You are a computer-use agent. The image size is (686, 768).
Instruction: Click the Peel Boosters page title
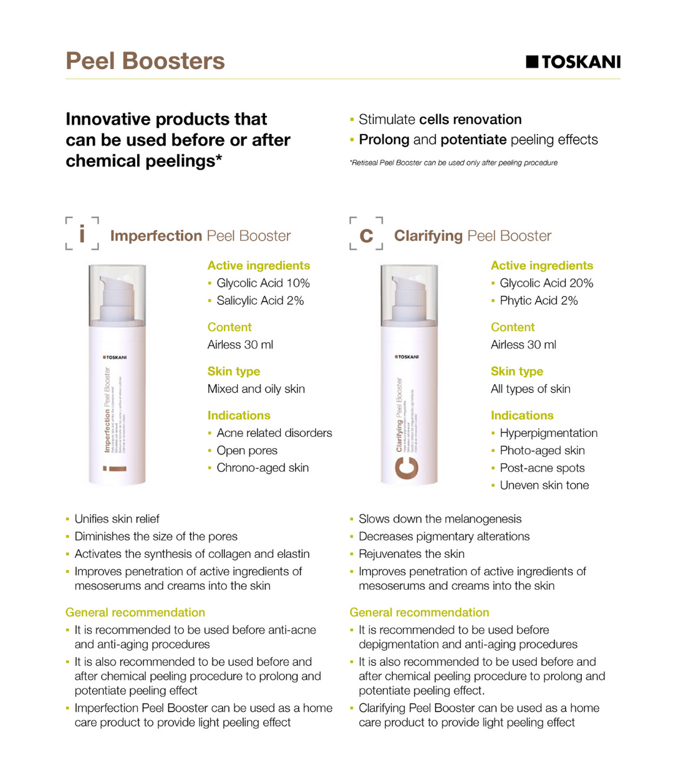pyautogui.click(x=145, y=61)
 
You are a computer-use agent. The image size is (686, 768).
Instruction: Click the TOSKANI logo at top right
pyautogui.click(x=573, y=62)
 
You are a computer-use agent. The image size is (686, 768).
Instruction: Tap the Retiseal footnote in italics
pyautogui.click(x=453, y=163)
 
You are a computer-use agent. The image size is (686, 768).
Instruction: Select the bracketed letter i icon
pyautogui.click(x=82, y=234)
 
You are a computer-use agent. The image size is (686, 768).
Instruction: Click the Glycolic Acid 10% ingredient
pyautogui.click(x=263, y=283)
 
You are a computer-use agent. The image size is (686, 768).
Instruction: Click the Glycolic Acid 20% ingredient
pyautogui.click(x=546, y=283)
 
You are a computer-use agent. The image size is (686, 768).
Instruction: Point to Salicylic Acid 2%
pyautogui.click(x=259, y=300)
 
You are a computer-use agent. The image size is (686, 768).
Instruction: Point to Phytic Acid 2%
pyautogui.click(x=538, y=300)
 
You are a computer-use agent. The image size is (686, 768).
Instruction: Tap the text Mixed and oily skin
pyautogui.click(x=256, y=389)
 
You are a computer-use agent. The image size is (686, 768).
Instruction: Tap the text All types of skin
pyautogui.click(x=530, y=389)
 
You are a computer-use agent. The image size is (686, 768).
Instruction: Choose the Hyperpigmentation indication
pyautogui.click(x=548, y=433)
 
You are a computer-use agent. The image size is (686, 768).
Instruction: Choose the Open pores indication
pyautogui.click(x=246, y=451)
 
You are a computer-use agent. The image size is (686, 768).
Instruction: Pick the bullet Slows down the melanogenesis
pyautogui.click(x=440, y=519)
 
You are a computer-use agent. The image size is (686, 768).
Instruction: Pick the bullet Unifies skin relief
pyautogui.click(x=117, y=519)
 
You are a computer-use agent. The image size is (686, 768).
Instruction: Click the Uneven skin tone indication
pyautogui.click(x=544, y=486)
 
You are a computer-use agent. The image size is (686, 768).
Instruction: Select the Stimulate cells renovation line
pyautogui.click(x=440, y=120)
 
